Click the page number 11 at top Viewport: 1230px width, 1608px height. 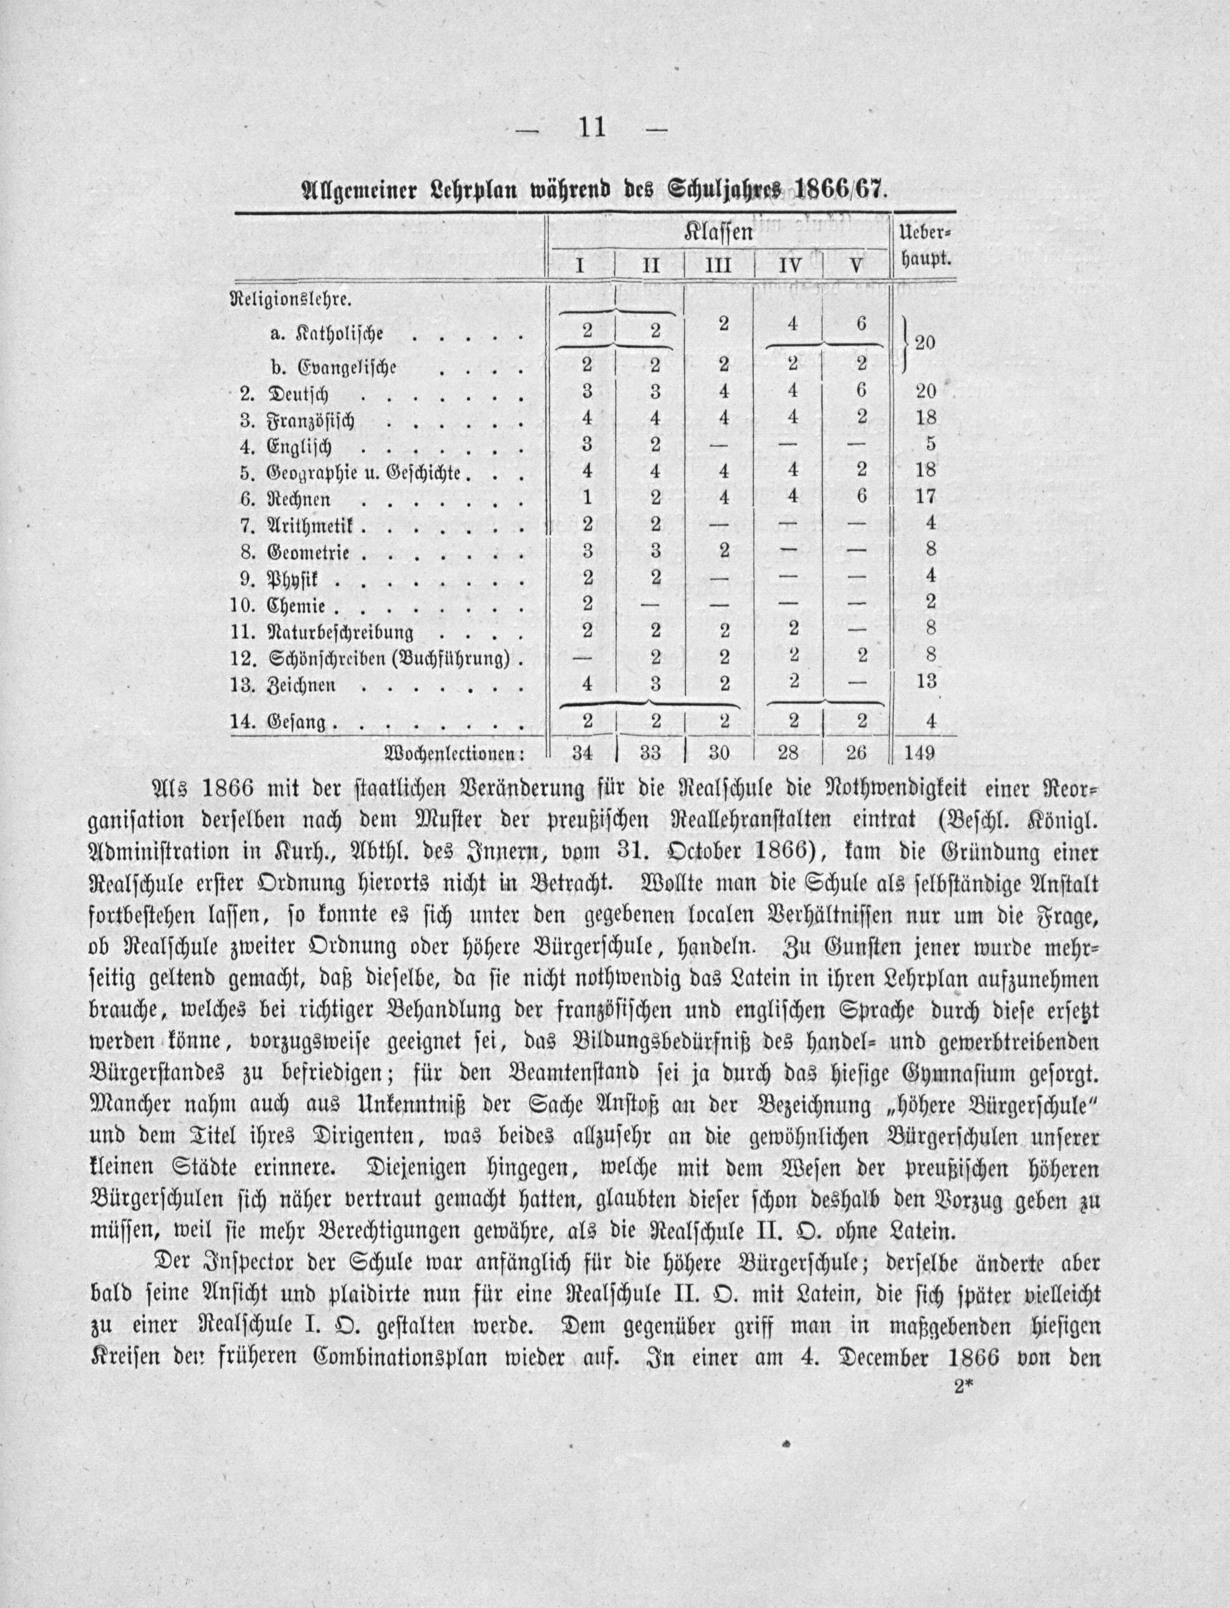[591, 127]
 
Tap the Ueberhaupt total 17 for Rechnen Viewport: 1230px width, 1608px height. [925, 497]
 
